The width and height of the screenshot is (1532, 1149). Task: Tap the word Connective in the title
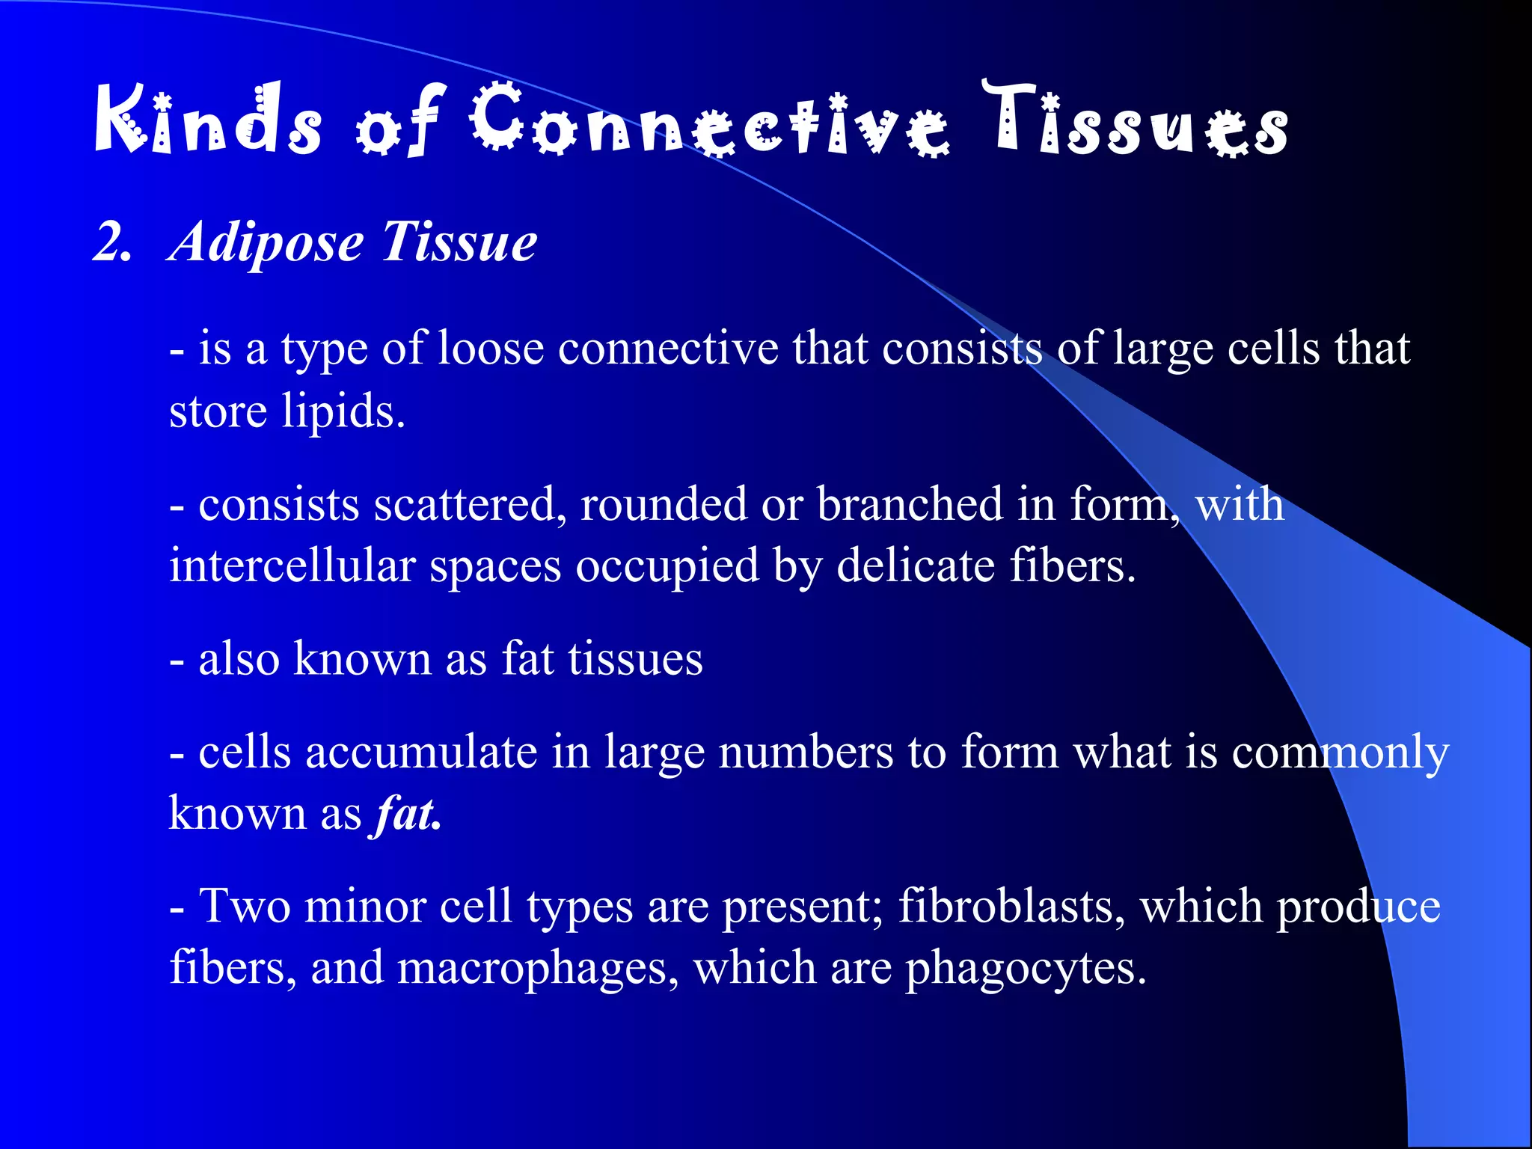[x=709, y=120]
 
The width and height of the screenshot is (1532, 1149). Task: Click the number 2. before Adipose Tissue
[x=112, y=242]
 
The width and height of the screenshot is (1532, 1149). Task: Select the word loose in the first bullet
[x=490, y=349]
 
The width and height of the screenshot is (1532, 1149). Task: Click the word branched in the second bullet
[x=910, y=504]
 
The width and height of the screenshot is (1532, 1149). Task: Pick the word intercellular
[x=292, y=566]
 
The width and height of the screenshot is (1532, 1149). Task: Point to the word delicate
[x=916, y=566]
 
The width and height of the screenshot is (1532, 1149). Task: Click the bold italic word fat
[x=407, y=814]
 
